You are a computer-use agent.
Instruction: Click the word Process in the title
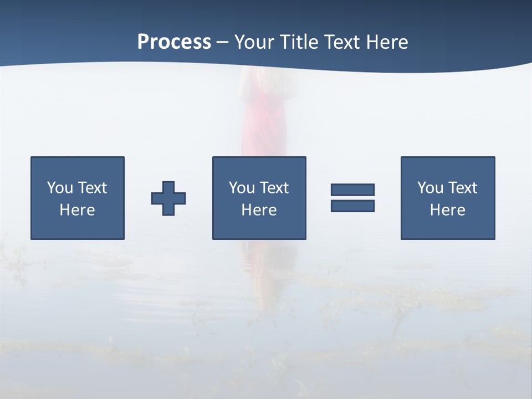click(174, 42)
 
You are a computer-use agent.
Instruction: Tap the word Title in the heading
click(299, 42)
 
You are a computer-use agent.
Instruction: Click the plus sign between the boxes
click(168, 198)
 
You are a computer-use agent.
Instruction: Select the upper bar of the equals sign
click(352, 190)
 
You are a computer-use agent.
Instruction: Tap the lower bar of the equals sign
click(352, 206)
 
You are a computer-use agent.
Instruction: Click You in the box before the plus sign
click(59, 188)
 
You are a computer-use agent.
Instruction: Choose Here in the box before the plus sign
click(77, 210)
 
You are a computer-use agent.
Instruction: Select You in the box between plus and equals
click(241, 188)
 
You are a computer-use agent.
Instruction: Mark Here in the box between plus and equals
click(259, 210)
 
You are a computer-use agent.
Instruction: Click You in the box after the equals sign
click(429, 188)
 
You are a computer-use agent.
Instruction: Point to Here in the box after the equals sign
click(447, 210)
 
